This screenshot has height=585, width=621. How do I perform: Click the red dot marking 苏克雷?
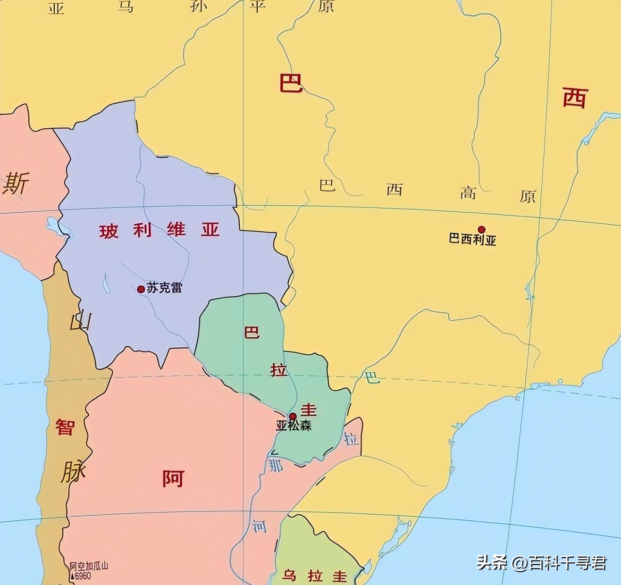click(141, 289)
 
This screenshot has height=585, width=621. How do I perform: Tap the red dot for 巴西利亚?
click(481, 229)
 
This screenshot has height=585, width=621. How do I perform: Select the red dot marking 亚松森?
click(293, 416)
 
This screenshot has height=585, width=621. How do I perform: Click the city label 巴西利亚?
click(472, 240)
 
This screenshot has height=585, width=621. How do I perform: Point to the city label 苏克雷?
click(164, 287)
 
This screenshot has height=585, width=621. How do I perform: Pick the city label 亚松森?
click(294, 426)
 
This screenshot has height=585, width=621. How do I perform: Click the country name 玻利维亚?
click(159, 230)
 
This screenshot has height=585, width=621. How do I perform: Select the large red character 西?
click(575, 98)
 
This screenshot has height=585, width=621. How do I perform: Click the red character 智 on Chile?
click(65, 427)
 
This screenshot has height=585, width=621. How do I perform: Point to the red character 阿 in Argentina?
click(173, 478)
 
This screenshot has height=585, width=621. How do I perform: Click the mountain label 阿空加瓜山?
click(89, 566)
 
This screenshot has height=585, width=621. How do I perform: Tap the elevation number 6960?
click(81, 576)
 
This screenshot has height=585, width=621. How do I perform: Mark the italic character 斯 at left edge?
click(16, 183)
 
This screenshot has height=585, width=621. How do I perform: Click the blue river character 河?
click(259, 525)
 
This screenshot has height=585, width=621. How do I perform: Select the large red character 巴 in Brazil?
click(291, 83)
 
